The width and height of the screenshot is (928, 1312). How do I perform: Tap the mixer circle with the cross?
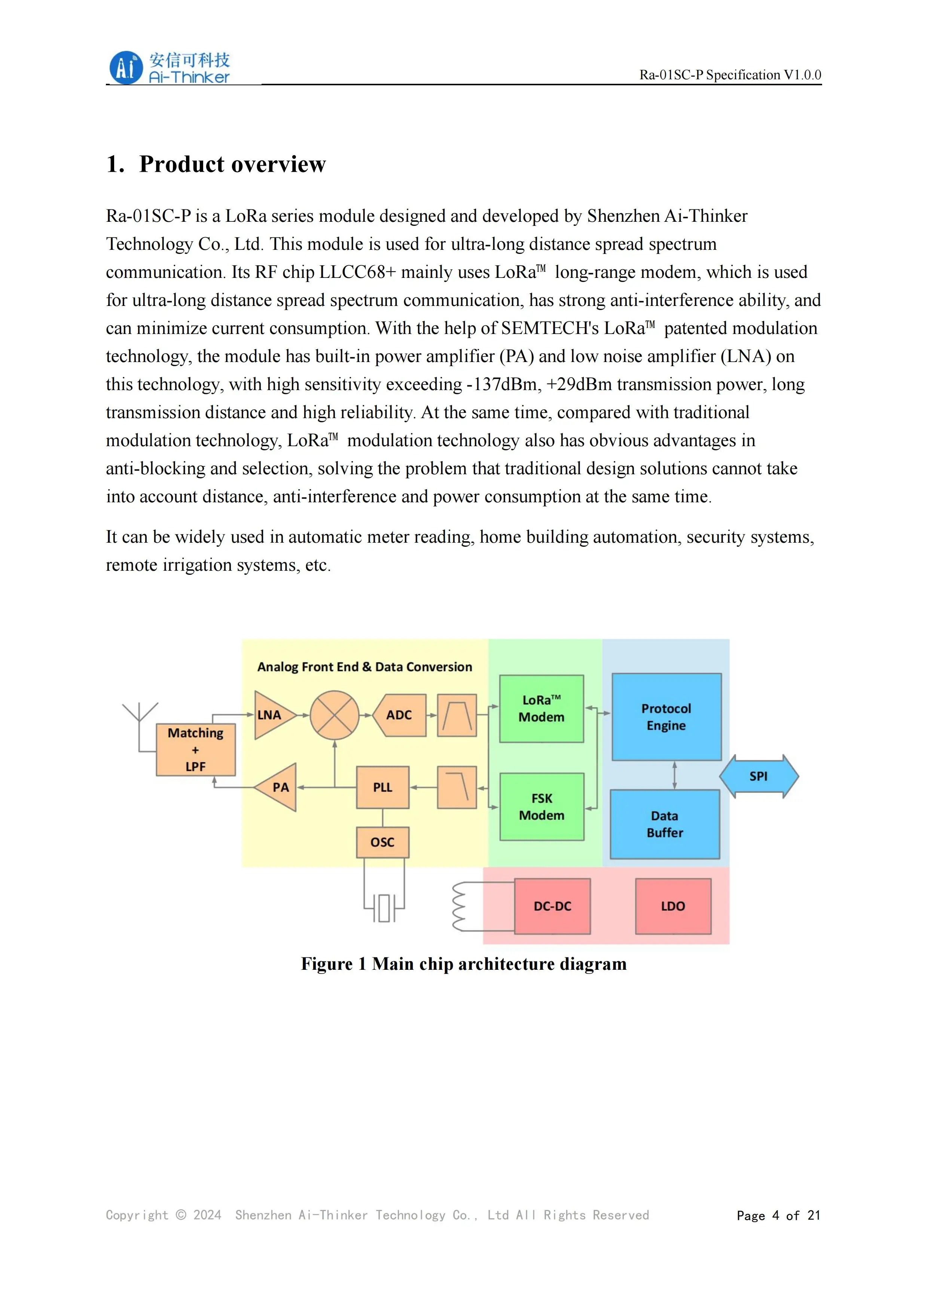coord(335,715)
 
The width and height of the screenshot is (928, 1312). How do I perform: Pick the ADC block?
coord(399,715)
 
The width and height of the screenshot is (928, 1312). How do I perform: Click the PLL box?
coord(382,787)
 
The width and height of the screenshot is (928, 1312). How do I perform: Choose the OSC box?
coord(382,842)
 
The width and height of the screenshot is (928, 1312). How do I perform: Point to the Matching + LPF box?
coord(196,750)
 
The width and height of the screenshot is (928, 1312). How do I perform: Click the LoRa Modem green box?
coord(541,709)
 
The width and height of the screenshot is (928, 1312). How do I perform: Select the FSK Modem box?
coord(541,807)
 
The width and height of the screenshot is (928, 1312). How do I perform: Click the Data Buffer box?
coord(665,824)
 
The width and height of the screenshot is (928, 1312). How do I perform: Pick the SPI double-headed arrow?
coord(759,776)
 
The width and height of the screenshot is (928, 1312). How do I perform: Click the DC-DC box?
coord(552,906)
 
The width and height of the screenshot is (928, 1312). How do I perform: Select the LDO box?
coord(673,906)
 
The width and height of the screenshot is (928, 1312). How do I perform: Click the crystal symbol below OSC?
coord(384,907)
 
